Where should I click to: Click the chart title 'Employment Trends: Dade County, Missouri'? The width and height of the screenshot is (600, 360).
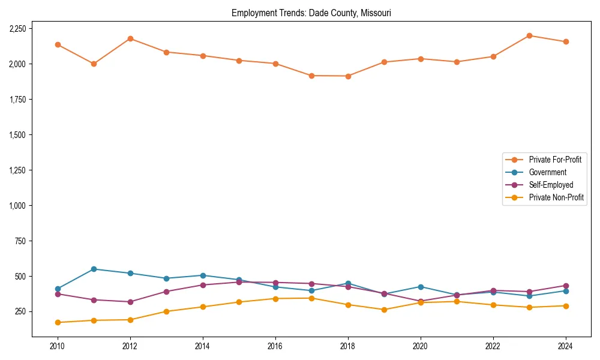click(311, 13)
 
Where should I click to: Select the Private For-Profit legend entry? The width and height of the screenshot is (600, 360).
click(555, 160)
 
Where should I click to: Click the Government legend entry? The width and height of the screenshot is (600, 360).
click(547, 172)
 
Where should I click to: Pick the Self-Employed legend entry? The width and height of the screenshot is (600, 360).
click(551, 185)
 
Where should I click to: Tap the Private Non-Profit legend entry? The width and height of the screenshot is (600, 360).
click(556, 197)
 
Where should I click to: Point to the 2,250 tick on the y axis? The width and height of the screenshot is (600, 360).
click(17, 29)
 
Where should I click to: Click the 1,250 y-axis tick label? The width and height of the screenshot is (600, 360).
click(17, 170)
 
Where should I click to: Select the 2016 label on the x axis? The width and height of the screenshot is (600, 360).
click(275, 346)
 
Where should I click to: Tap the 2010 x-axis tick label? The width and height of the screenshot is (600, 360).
click(58, 346)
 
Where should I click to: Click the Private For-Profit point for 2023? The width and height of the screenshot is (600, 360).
click(529, 35)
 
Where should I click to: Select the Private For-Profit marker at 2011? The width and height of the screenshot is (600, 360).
click(94, 64)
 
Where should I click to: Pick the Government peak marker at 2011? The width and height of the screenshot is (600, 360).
click(94, 269)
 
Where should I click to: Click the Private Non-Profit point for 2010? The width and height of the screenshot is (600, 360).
click(58, 322)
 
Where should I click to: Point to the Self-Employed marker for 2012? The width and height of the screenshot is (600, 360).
click(130, 302)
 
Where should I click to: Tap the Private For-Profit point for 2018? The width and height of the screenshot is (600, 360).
click(348, 76)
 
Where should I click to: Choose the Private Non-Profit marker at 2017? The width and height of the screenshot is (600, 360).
click(311, 298)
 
